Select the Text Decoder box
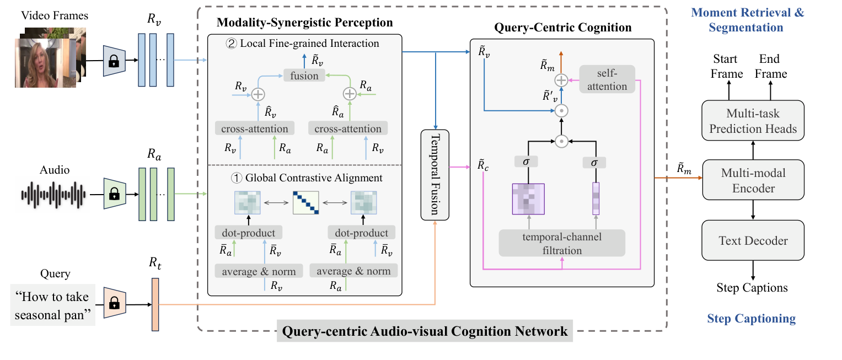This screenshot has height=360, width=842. click(753, 240)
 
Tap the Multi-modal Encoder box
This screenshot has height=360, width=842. click(753, 180)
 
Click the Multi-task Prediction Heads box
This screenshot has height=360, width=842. click(753, 121)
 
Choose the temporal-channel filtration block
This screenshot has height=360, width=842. click(562, 243)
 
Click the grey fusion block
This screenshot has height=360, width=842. click(304, 76)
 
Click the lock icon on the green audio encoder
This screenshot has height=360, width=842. click(114, 194)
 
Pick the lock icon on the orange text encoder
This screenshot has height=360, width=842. click(114, 304)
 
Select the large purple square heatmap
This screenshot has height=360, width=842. click(528, 198)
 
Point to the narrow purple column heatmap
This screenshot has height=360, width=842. click(595, 198)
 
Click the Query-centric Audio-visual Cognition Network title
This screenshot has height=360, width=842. click(425, 331)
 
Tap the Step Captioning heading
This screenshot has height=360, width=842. click(752, 318)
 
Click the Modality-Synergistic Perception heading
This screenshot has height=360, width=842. click(304, 23)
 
